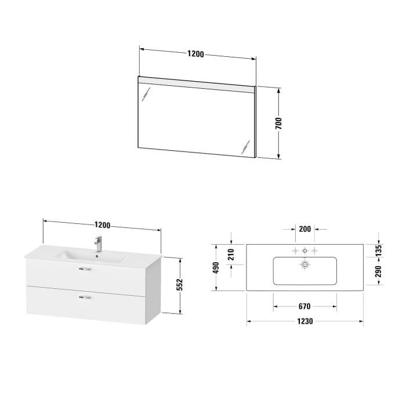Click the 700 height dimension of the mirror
point(278,123)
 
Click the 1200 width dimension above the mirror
point(195,54)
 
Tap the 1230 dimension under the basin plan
point(305,322)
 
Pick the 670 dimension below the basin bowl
point(304,306)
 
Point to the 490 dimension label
point(216,268)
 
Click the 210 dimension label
point(231,253)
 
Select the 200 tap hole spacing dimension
point(305,229)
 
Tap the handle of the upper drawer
point(84,269)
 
